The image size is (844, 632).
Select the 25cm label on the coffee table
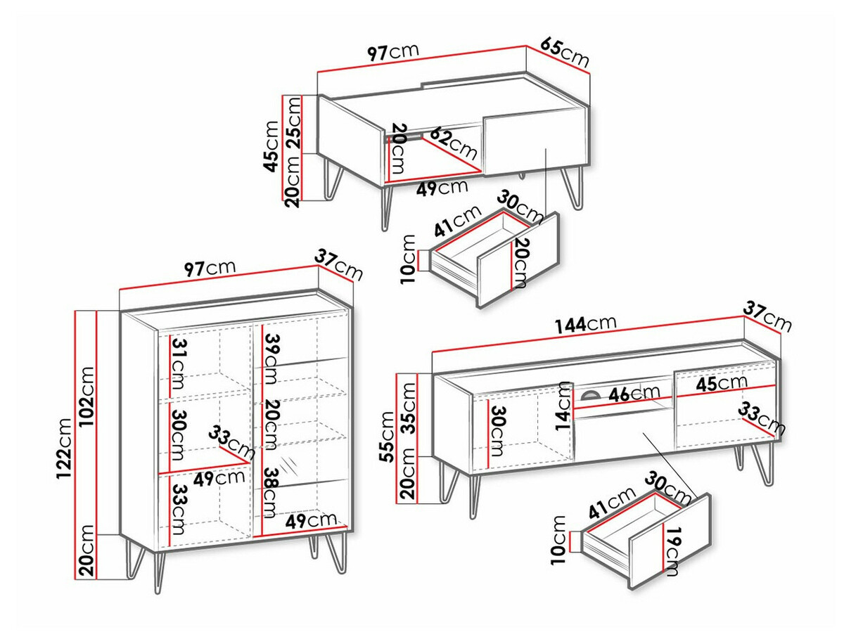point(295,122)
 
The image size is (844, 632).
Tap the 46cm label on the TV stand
point(634,393)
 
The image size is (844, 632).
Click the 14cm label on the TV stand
point(565,406)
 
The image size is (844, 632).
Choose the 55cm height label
point(388,437)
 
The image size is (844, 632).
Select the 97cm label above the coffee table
point(392,53)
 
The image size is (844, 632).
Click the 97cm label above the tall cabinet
point(210,268)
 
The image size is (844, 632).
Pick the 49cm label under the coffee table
point(442,188)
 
